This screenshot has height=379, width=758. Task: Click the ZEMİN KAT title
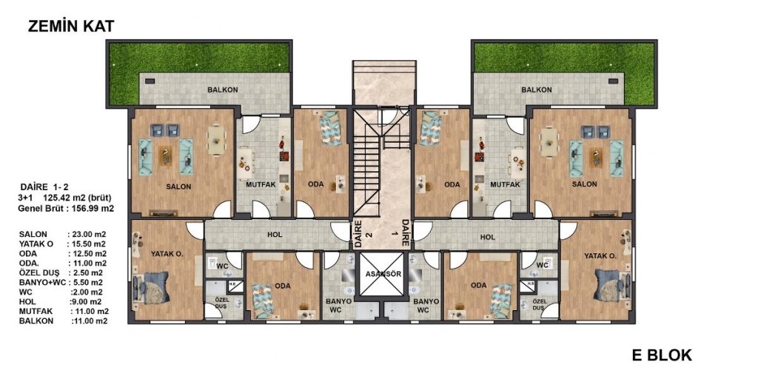pos(71,26)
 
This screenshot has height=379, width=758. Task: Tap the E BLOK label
pos(662,355)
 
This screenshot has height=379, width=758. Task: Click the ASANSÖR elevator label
pos(380,274)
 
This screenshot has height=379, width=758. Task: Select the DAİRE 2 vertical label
pos(358,234)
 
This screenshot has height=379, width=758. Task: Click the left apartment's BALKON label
pos(222,90)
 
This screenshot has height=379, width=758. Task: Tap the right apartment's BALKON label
pos(537,90)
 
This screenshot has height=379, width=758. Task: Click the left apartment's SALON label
pos(179,186)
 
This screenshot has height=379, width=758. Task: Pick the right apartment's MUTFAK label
pos(505,184)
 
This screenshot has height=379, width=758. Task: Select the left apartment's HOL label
pos(275,235)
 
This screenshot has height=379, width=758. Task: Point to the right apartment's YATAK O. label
pos(600,256)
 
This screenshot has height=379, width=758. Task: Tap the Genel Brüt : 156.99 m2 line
pos(66,209)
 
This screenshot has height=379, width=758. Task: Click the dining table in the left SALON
pos(216,140)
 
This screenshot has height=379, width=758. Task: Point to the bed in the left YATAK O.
pos(151,287)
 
